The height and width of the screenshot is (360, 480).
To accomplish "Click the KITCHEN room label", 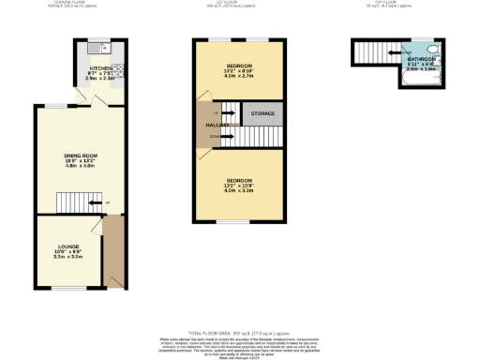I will click(x=99, y=68).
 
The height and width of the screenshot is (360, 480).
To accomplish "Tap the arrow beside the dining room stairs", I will click(x=105, y=202).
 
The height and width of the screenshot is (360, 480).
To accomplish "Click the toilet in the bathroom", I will click(x=429, y=46).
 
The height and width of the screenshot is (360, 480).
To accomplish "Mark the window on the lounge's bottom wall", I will click(x=67, y=288).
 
